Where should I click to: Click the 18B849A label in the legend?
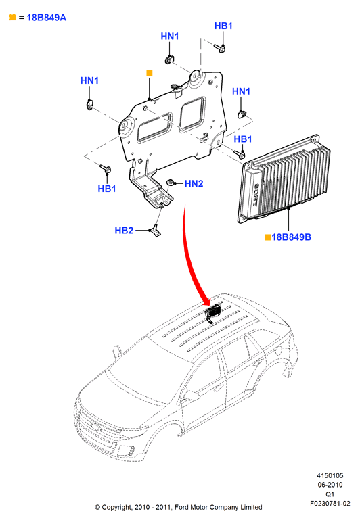[46, 18]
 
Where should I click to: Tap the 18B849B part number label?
[292, 237]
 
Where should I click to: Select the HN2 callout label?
[194, 183]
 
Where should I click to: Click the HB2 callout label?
[124, 231]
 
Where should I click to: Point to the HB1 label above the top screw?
[223, 26]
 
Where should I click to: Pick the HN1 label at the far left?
[89, 80]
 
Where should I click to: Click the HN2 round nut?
[170, 182]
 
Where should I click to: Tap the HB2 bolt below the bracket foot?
[156, 231]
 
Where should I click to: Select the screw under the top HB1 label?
[220, 49]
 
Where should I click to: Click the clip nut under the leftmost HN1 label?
[89, 105]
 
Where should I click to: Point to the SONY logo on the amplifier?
[256, 195]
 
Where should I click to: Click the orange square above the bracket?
[150, 73]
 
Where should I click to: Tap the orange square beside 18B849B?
[267, 237]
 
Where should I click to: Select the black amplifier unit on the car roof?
[213, 312]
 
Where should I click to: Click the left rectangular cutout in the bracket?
[155, 128]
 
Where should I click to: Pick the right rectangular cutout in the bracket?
[192, 114]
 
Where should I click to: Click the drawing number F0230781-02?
[330, 503]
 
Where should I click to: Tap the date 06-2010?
[330, 485]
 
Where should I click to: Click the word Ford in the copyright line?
[181, 507]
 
